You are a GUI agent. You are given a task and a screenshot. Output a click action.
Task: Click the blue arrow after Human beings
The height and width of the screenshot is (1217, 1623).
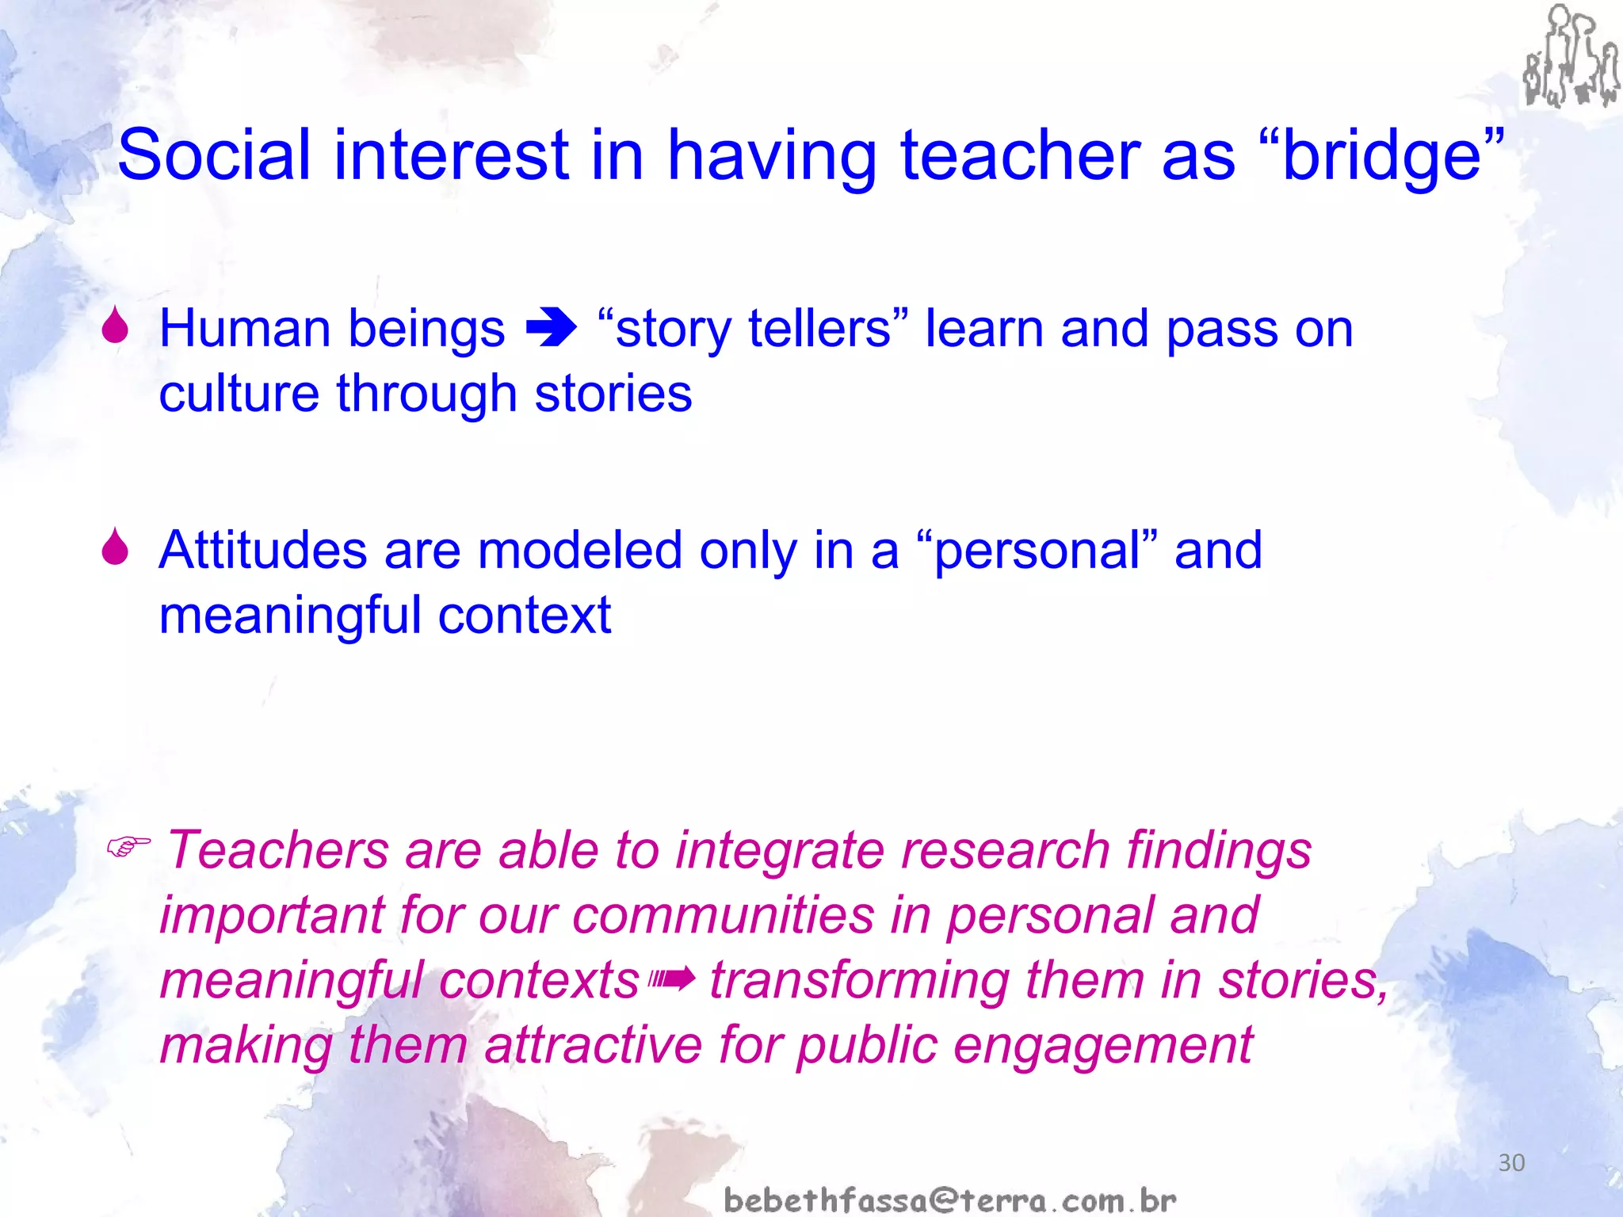552,329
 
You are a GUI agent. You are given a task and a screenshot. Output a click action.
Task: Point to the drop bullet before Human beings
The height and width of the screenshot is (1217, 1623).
116,326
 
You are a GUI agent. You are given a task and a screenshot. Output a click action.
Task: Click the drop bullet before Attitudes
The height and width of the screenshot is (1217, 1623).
116,547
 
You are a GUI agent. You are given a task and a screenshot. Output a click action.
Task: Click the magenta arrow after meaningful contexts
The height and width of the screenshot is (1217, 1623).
673,981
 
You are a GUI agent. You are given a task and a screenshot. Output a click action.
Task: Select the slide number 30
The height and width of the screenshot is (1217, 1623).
1511,1162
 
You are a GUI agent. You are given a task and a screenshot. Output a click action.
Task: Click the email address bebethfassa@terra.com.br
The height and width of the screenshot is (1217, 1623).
949,1200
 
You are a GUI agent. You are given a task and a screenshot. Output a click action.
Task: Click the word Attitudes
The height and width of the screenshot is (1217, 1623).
262,550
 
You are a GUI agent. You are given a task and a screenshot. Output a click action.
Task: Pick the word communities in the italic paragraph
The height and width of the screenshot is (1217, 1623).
723,915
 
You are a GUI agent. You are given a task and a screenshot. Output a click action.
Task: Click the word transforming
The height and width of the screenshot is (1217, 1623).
859,980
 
